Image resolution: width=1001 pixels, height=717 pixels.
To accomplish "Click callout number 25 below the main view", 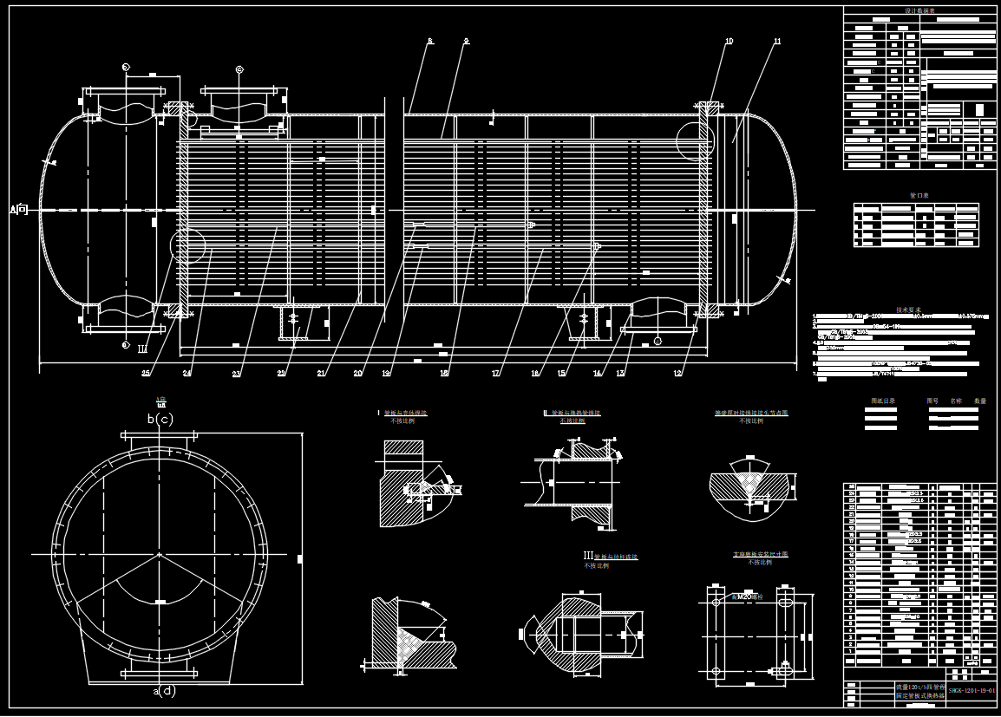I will point(146,374).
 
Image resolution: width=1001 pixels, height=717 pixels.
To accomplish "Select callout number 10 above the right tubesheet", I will point(729,42).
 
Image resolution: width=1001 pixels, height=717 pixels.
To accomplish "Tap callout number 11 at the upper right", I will point(777,42).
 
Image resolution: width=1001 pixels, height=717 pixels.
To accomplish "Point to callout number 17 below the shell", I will point(497,374).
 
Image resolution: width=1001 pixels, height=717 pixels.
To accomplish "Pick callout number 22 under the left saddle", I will point(281,374).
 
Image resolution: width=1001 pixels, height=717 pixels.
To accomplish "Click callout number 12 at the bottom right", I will point(677,374).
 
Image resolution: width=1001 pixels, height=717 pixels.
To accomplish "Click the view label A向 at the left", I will point(19,209).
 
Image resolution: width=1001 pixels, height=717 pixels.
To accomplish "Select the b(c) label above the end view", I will point(160,419).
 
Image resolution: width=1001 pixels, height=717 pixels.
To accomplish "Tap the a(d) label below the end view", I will point(164,691).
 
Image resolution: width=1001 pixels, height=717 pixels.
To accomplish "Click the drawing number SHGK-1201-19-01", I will point(972,691).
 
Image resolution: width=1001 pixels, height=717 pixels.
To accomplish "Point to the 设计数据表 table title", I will point(919,10).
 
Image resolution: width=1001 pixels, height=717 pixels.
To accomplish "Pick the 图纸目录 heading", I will point(882,401).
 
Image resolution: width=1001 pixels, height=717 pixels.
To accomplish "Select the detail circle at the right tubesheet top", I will point(696,140).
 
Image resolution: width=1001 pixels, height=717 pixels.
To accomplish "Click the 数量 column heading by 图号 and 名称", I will point(980,401).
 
